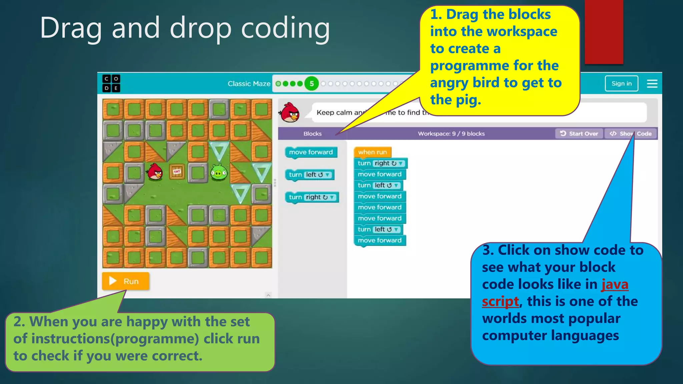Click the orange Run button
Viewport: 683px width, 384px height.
pos(125,281)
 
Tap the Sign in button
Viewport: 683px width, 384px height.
pos(621,83)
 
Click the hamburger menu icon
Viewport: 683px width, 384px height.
pos(652,84)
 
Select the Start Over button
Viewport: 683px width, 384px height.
pos(579,134)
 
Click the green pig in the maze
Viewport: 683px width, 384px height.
pos(219,172)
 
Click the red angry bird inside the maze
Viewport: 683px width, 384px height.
pos(155,172)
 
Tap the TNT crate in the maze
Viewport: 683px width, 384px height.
pos(177,172)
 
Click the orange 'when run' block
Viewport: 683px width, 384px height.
pos(372,152)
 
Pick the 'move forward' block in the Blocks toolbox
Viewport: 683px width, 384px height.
pos(311,152)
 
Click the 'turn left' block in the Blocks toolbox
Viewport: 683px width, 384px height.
pos(309,175)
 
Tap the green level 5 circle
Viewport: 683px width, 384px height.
pos(311,84)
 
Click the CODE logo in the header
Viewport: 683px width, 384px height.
pos(111,83)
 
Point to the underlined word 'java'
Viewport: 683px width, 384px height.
pos(615,284)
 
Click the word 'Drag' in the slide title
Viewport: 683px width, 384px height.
pos(71,29)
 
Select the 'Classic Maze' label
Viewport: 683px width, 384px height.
pos(249,84)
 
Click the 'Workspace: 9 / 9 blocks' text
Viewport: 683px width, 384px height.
pos(451,134)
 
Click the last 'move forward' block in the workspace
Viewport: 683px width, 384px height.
pos(380,240)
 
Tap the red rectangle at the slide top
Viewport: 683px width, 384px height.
pos(604,32)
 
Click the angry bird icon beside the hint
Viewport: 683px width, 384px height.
pos(289,113)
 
